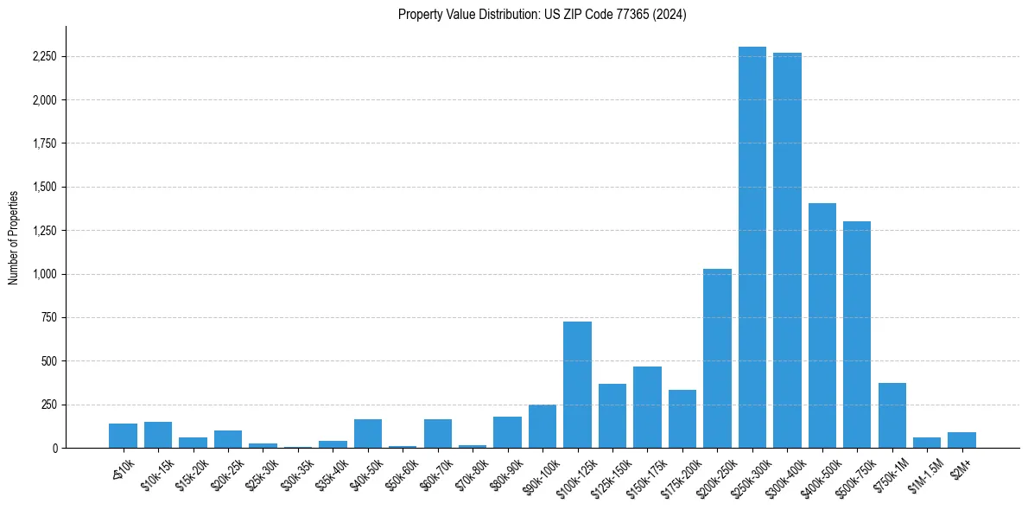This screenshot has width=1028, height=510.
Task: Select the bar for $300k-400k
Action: pos(787,251)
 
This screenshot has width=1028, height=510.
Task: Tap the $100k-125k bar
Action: pos(577,385)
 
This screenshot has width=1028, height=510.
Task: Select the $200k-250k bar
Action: pos(717,359)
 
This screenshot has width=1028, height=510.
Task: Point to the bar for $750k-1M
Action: pos(892,416)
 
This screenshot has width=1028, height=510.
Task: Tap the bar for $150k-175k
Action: pos(647,407)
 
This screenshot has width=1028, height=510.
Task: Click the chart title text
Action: pos(542,15)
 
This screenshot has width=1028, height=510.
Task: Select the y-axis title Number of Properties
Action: pos(14,237)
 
